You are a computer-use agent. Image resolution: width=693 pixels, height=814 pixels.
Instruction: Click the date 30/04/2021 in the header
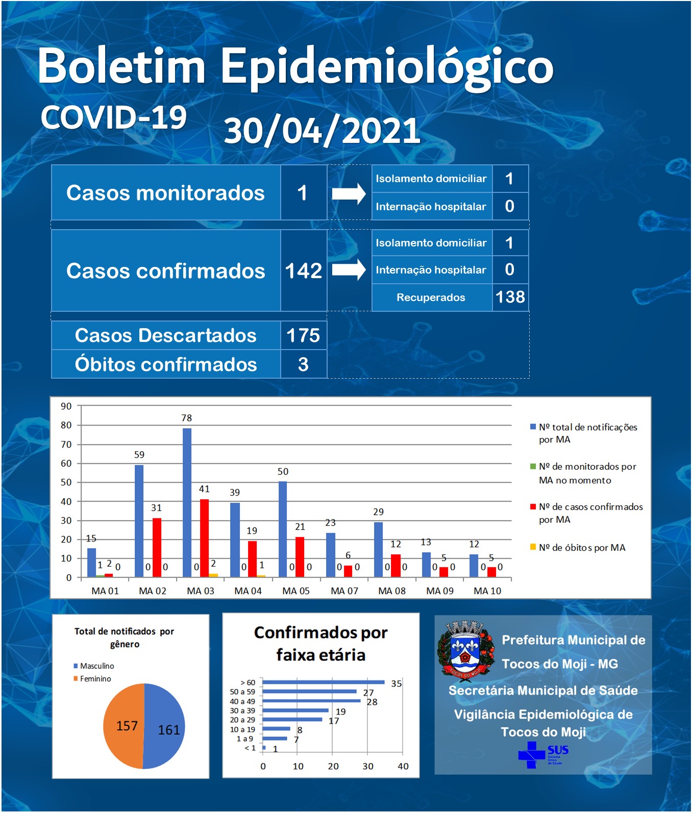point(322,131)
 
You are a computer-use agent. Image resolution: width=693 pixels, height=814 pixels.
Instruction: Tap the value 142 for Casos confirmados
point(304,270)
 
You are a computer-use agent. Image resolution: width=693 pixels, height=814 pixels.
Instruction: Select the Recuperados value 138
point(510,297)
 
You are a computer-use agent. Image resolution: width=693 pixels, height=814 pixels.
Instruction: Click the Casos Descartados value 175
point(303,335)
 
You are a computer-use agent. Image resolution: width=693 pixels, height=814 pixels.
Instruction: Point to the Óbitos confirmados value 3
point(303,364)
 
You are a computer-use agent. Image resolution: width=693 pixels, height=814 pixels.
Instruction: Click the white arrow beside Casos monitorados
point(349,193)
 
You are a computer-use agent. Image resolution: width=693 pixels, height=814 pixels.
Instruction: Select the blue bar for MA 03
point(187,503)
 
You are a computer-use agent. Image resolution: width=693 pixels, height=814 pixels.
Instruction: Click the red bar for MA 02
point(157,548)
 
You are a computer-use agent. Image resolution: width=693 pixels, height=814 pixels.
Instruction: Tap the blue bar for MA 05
point(283,529)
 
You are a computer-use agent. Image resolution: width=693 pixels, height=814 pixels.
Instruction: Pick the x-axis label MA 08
point(392,591)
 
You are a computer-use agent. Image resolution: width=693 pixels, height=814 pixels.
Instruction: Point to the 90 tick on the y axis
point(66,406)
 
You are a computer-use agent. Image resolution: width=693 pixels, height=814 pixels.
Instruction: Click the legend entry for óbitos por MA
point(578,548)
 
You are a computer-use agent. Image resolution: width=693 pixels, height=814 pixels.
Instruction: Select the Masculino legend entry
point(94,666)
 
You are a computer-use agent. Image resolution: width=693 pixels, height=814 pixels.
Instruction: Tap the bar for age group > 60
point(324,682)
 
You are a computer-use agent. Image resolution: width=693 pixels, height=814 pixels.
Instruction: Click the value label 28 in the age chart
point(372,702)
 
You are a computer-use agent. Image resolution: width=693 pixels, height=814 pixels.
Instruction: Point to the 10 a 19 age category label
point(242,729)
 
